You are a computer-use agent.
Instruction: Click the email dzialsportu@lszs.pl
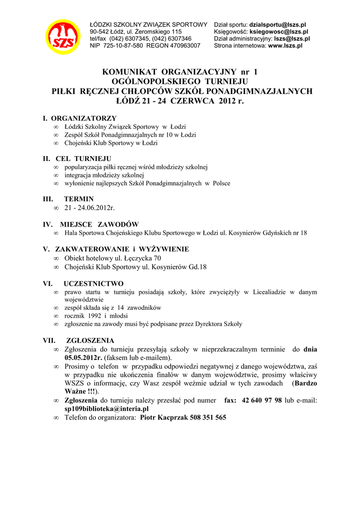(277, 24)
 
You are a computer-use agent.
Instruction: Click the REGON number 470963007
(186, 45)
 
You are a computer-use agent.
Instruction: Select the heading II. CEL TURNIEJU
(77, 159)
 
